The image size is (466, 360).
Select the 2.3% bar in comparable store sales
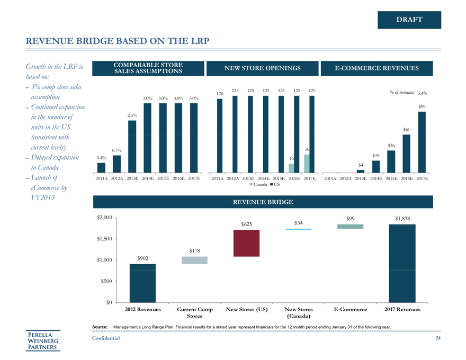[x=132, y=146]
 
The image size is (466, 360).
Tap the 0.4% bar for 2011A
[x=101, y=167]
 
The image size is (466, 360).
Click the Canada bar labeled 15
[x=291, y=167]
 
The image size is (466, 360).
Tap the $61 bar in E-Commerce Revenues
[x=407, y=154]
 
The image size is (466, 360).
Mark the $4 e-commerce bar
[x=361, y=170]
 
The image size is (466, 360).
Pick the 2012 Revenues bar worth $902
[x=142, y=283]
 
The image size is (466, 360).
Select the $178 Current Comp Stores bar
[x=195, y=260]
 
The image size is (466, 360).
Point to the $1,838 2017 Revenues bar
[x=402, y=263]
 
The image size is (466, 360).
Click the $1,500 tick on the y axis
[x=104, y=239]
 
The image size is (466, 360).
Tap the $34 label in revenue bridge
[x=298, y=223]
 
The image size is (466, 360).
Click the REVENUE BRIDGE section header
[x=263, y=202]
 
